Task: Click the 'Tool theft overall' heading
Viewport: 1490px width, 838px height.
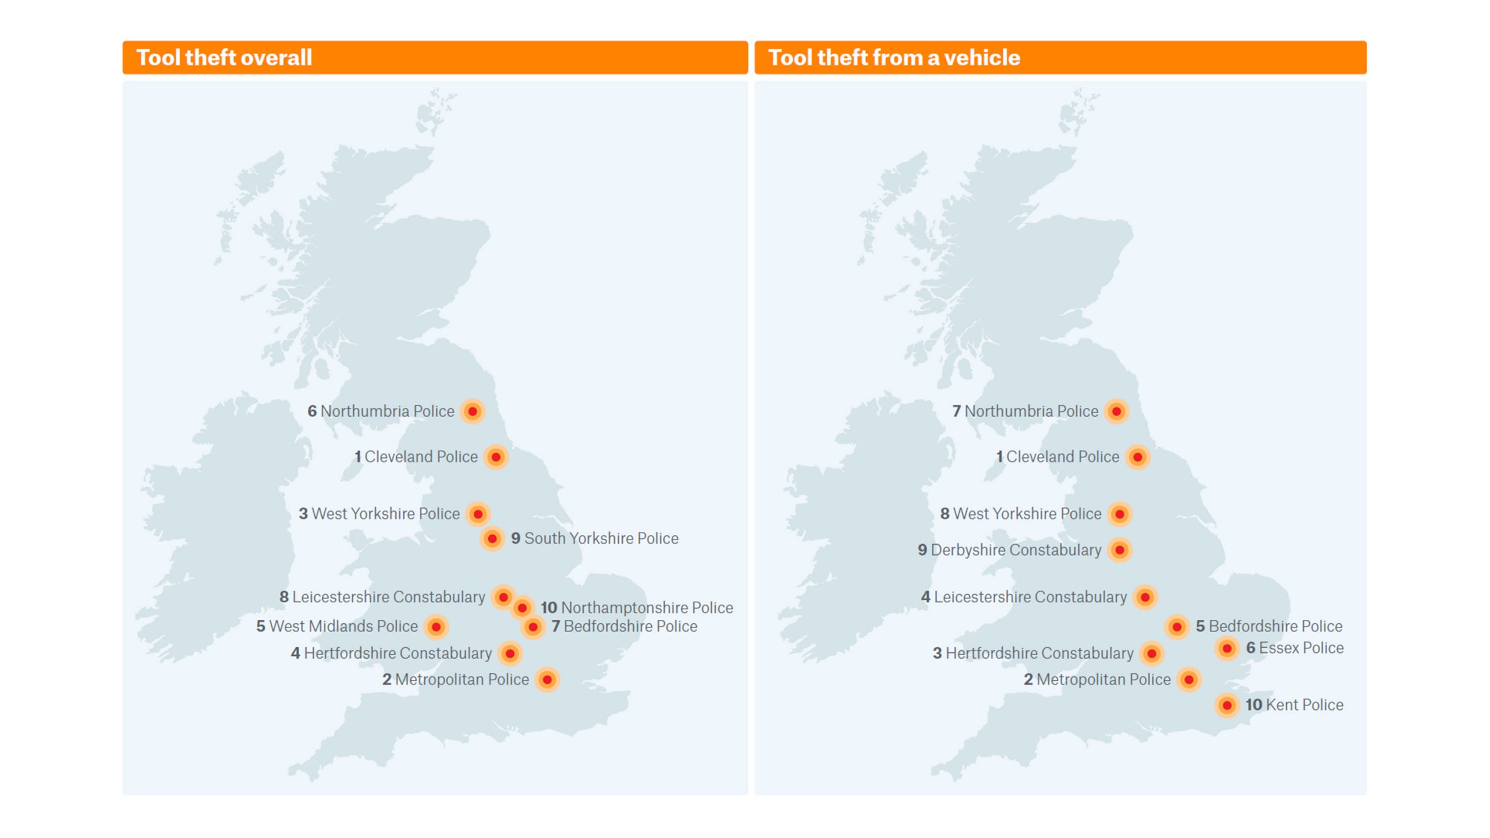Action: [x=224, y=58]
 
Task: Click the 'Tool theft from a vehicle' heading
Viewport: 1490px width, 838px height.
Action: [x=894, y=58]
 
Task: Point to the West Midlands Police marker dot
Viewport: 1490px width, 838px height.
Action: [x=436, y=627]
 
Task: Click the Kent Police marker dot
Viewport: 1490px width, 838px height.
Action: [x=1227, y=705]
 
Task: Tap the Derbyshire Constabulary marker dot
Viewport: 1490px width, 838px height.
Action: [x=1120, y=550]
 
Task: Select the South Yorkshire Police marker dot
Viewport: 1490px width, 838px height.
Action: [x=492, y=539]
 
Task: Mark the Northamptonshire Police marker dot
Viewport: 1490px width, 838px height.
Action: [x=522, y=608]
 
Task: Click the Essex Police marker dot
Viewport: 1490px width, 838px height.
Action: [x=1227, y=648]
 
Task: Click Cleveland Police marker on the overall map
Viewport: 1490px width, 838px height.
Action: [x=496, y=457]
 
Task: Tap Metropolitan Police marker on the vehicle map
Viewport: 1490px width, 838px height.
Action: [x=1189, y=680]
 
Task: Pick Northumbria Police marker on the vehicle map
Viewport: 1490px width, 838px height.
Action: [x=1116, y=411]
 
